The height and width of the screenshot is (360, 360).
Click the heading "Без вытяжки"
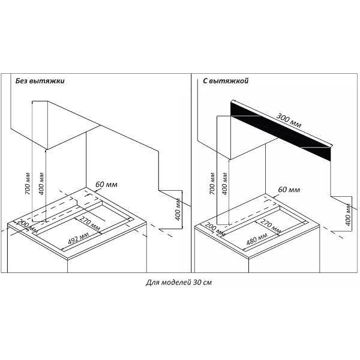(x=40, y=81)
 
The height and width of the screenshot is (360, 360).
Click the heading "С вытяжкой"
(x=226, y=81)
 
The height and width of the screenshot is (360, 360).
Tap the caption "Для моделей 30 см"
(x=179, y=283)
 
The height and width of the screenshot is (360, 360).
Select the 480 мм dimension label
(x=257, y=239)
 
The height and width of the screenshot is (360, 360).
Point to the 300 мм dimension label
(x=289, y=121)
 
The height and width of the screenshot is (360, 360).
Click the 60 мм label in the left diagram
(x=106, y=185)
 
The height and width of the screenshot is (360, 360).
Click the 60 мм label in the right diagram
(x=289, y=190)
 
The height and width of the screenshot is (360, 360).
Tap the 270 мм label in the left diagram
(x=89, y=223)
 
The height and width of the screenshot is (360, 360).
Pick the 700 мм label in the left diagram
(x=28, y=184)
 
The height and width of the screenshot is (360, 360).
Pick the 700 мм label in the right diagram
(x=212, y=184)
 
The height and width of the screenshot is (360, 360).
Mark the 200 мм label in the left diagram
(x=28, y=226)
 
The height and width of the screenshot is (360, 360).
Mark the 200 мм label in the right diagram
(x=215, y=229)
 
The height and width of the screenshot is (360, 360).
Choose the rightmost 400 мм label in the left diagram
(x=178, y=209)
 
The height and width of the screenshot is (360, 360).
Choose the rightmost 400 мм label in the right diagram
(x=348, y=215)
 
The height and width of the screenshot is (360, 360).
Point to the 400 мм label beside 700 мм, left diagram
(x=41, y=184)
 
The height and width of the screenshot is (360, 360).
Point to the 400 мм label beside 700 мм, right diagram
(x=225, y=184)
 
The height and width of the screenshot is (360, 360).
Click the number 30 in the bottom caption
(x=197, y=282)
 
